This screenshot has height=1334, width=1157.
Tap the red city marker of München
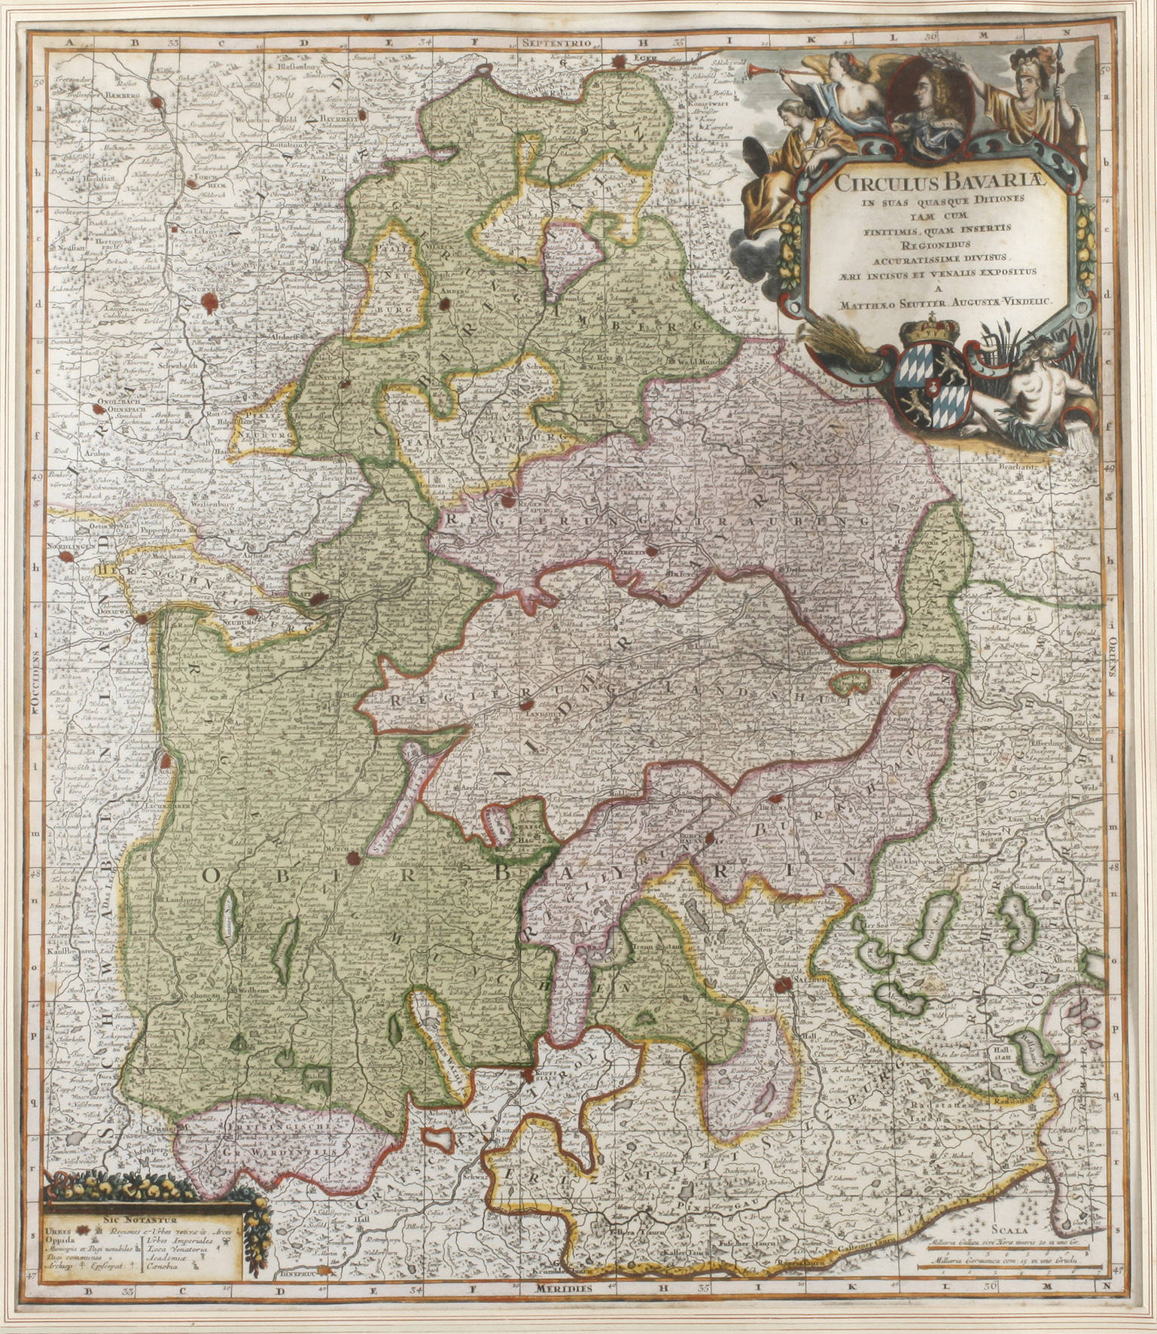(x=351, y=855)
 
